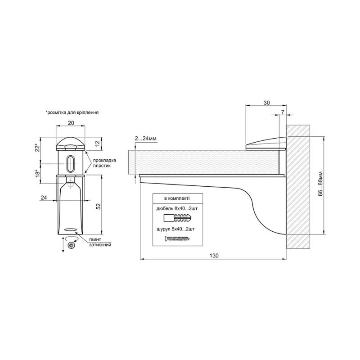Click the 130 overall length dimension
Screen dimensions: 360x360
(214, 256)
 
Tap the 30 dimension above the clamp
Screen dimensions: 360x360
(266, 103)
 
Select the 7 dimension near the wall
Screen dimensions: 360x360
(283, 112)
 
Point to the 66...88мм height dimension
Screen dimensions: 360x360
(320, 184)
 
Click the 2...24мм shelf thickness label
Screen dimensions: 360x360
(145, 139)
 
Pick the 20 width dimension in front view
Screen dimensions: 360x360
(71, 123)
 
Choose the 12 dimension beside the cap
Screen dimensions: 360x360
(98, 144)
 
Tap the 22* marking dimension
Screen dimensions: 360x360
(37, 148)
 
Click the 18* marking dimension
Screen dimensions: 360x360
(37, 173)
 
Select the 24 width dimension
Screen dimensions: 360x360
(44, 198)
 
